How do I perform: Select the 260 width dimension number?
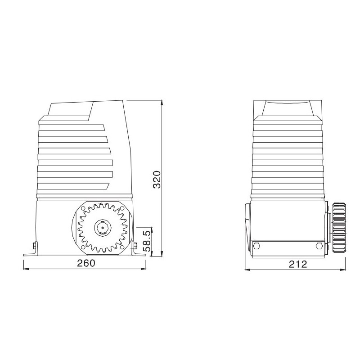tap(86, 263)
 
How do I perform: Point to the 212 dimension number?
tap(297, 264)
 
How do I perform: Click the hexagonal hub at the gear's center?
tap(102, 228)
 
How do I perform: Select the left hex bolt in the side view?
tap(257, 246)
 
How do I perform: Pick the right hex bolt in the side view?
tap(319, 246)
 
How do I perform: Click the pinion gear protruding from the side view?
tap(340, 228)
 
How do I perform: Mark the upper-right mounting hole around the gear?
tap(121, 209)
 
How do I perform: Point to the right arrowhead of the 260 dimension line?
tap(144, 270)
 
